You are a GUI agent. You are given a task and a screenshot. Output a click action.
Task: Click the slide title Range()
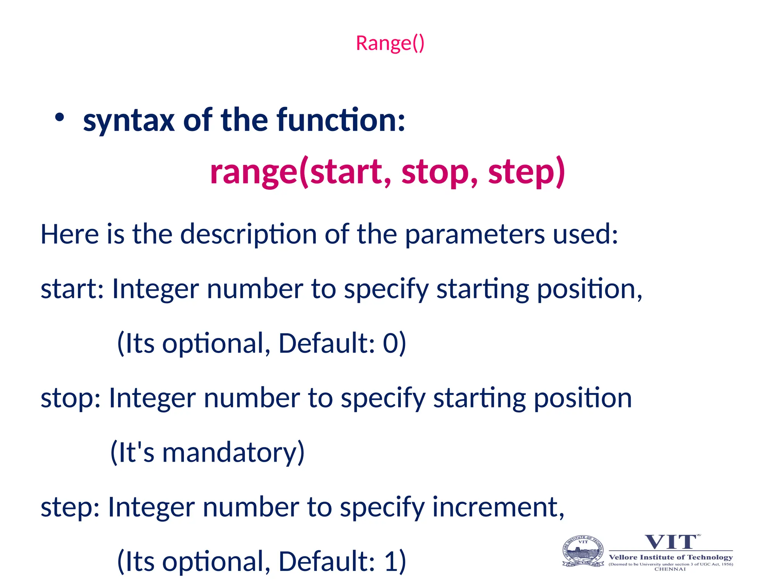click(390, 43)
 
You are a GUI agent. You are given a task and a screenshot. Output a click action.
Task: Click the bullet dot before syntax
click(59, 118)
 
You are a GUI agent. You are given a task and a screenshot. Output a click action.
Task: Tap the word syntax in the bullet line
click(129, 121)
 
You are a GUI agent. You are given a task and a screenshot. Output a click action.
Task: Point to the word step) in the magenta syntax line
click(526, 172)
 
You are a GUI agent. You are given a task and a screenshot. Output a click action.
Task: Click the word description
click(248, 234)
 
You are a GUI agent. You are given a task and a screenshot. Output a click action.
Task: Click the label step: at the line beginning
click(70, 507)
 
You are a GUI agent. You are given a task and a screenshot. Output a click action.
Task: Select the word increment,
click(498, 507)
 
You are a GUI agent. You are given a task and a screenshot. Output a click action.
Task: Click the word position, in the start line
click(590, 289)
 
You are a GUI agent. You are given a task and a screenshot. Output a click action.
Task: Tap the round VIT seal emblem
click(583, 551)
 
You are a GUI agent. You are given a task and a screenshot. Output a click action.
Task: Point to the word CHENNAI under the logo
click(670, 569)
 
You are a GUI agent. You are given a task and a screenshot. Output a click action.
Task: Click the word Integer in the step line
click(151, 507)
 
